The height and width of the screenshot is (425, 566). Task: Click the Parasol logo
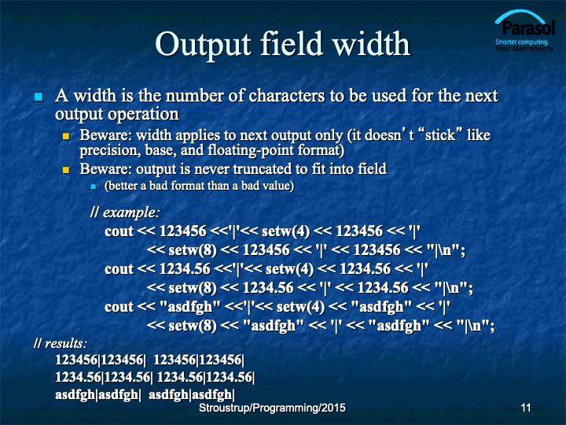(x=524, y=31)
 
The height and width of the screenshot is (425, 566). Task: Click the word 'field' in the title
(x=291, y=44)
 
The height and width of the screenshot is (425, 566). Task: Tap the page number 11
(x=526, y=408)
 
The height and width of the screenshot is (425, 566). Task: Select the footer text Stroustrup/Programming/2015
(x=272, y=408)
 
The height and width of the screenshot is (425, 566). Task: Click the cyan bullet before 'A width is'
(x=39, y=97)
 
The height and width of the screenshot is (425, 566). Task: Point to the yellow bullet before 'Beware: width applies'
(x=66, y=136)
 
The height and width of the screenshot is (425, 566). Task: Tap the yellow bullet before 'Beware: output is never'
(x=66, y=170)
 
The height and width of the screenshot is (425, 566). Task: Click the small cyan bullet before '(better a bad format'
(x=94, y=187)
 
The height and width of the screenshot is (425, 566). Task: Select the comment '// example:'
(x=125, y=213)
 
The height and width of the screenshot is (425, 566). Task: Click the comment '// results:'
(x=61, y=343)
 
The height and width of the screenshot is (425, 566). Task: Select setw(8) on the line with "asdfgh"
(x=193, y=326)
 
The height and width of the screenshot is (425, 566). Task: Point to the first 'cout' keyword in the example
(x=119, y=231)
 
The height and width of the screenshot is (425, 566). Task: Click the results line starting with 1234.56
(x=155, y=377)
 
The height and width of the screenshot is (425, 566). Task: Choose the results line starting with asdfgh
(x=145, y=394)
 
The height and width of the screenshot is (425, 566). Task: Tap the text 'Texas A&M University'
(x=524, y=49)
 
